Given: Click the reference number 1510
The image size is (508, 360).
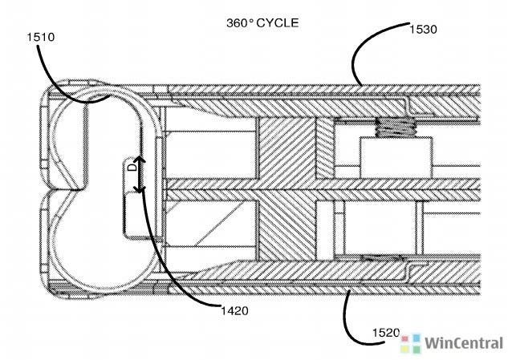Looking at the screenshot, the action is [x=40, y=37].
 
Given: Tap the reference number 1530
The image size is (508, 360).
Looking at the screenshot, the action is [x=423, y=30].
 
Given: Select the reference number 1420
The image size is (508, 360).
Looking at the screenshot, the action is [x=234, y=311].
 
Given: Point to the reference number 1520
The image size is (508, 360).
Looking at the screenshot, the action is [x=386, y=333].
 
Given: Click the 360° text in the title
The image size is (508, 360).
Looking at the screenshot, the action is [x=240, y=23].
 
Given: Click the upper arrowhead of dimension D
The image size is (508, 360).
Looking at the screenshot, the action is [x=140, y=160].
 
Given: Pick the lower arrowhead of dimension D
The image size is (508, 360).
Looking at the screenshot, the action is [x=140, y=189].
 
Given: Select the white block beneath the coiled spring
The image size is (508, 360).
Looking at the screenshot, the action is [x=396, y=157].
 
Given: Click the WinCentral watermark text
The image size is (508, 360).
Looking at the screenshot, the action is [x=463, y=343].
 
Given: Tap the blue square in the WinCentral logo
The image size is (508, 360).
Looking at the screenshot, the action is [x=417, y=338].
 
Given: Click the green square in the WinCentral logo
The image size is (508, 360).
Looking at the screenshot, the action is [x=417, y=349].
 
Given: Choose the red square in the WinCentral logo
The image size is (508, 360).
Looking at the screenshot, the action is [x=405, y=339].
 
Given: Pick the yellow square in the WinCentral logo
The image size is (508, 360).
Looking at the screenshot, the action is [x=405, y=349].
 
